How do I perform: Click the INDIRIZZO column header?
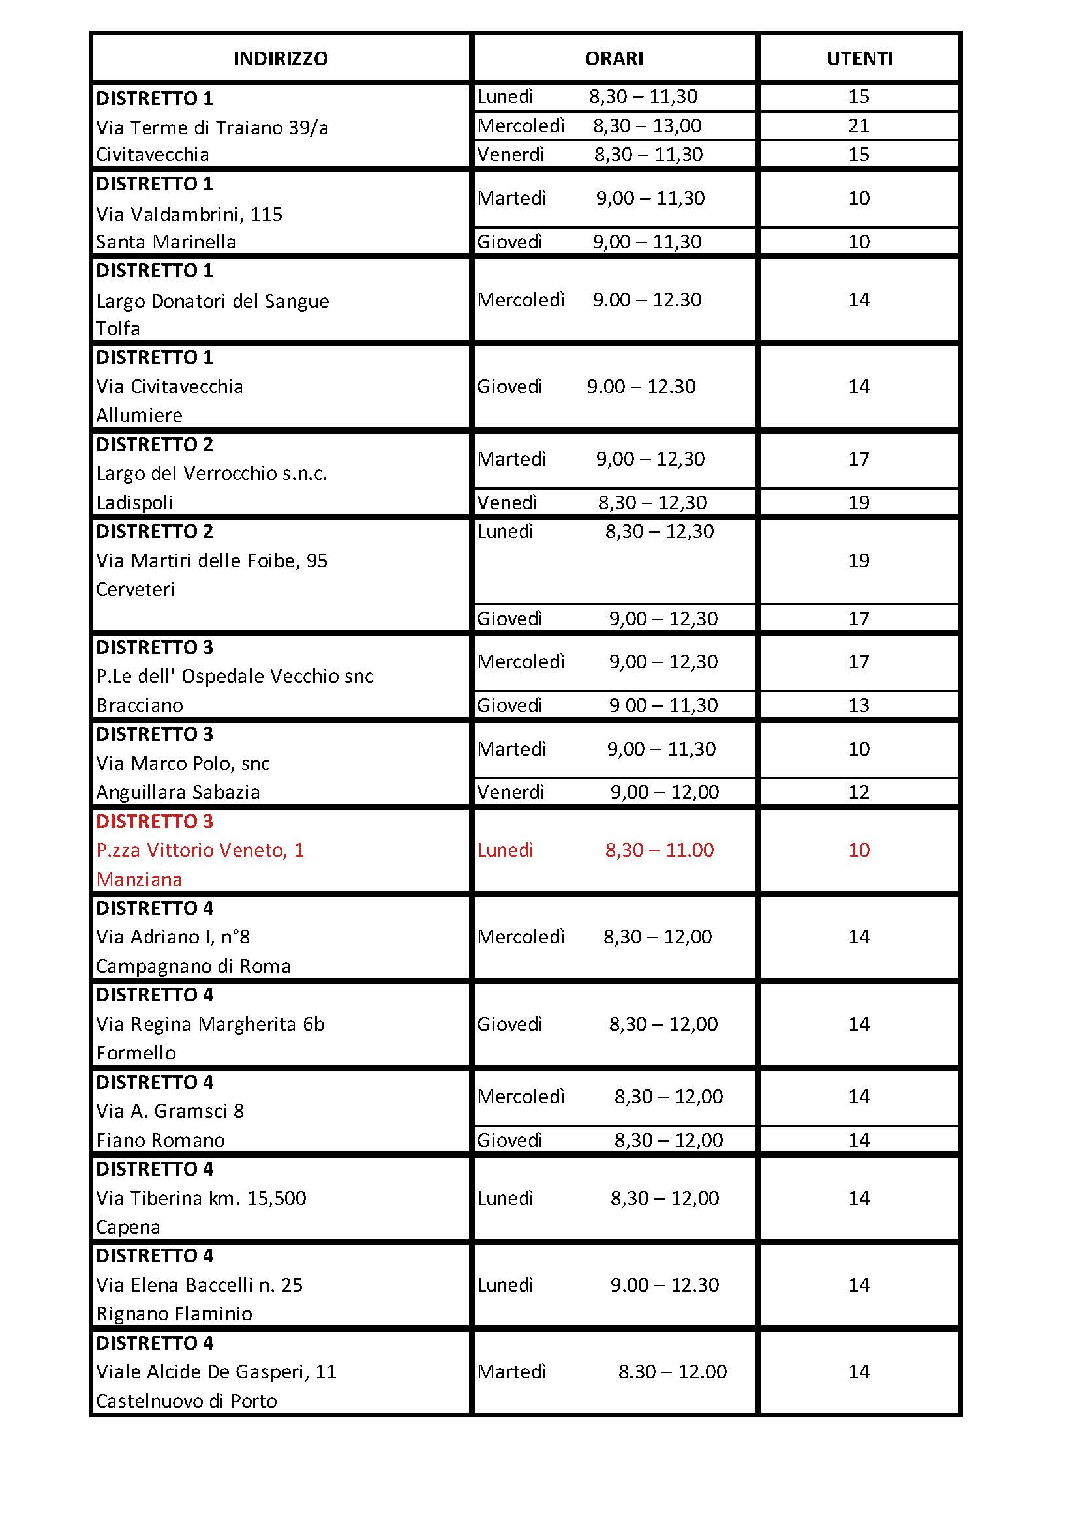point(281,59)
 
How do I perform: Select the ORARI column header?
point(614,59)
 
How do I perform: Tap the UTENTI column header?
point(859,59)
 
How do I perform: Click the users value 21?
point(859,126)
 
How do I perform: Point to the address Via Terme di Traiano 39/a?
point(212,127)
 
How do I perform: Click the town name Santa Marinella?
point(166,242)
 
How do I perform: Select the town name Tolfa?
point(117,329)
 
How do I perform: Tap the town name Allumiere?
point(139,415)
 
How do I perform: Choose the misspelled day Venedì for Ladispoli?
point(507,503)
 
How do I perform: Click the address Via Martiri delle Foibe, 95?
point(212,561)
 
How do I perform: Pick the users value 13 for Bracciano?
point(859,705)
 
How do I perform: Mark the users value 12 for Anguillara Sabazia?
point(859,792)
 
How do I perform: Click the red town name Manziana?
point(139,880)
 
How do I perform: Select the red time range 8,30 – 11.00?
point(659,850)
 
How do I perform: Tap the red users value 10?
point(859,850)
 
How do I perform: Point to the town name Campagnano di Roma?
point(193,966)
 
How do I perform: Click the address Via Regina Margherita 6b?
point(210,1024)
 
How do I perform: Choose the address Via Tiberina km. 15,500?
point(202,1198)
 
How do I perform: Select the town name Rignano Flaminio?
point(174,1314)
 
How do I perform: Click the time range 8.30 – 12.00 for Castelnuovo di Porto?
point(673,1372)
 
